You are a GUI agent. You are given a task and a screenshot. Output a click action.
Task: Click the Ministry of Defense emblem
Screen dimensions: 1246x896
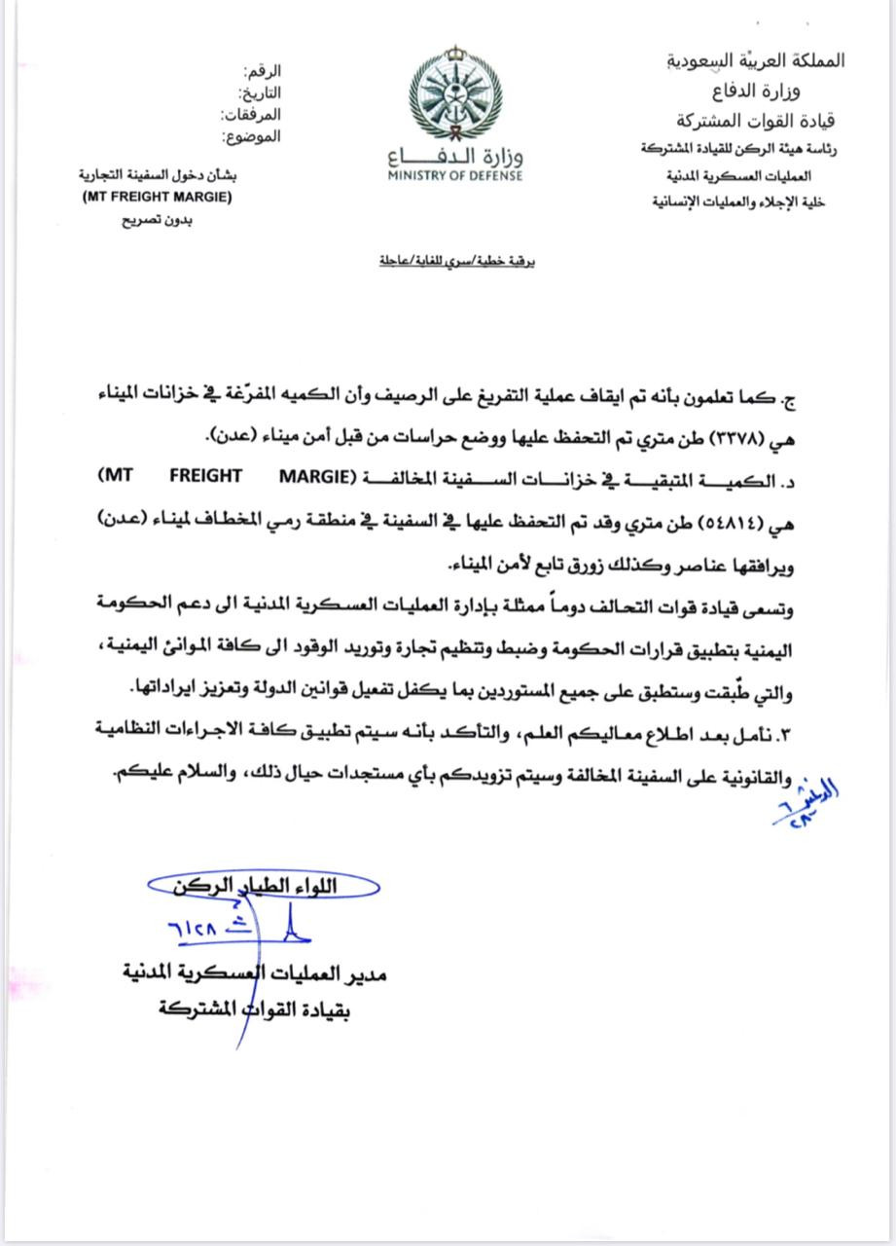(x=453, y=94)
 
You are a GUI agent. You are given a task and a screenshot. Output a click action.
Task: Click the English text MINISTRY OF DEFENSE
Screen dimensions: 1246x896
(x=455, y=175)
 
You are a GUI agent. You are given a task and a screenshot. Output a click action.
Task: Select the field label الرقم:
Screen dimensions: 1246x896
(x=264, y=73)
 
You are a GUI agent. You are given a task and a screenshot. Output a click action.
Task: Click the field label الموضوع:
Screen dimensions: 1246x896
(x=252, y=137)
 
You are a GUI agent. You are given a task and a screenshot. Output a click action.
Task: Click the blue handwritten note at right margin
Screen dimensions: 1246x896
(x=804, y=805)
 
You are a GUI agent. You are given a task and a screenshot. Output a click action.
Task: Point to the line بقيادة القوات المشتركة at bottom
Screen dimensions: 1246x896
(x=255, y=1010)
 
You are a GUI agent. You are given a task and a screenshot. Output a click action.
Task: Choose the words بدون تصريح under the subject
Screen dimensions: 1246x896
(x=152, y=220)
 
